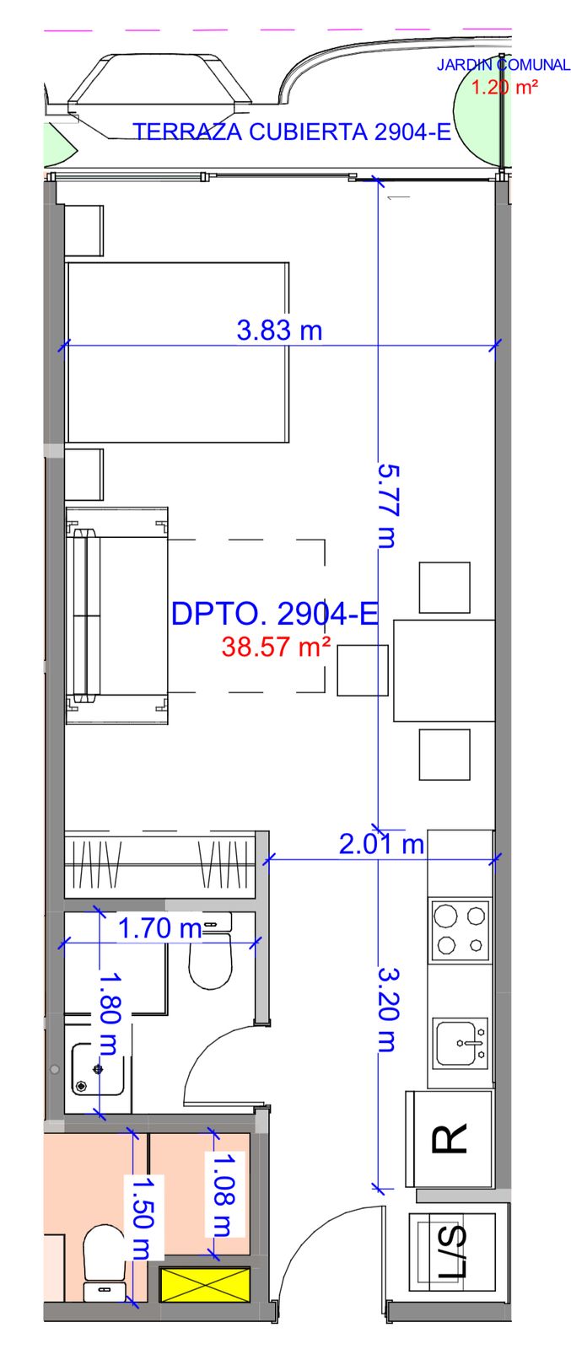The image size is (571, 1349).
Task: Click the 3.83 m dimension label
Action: click(x=279, y=330)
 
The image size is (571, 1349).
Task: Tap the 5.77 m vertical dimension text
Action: click(x=389, y=506)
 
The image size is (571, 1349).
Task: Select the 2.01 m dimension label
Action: click(x=381, y=844)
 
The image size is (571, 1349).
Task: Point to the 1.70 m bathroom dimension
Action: click(x=159, y=928)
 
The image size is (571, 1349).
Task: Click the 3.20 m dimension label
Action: click(x=389, y=1009)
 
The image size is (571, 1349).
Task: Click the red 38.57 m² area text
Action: click(x=276, y=647)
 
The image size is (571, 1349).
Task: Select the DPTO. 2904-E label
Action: click(x=275, y=614)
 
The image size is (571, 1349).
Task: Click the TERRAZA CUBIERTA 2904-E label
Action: click(x=292, y=132)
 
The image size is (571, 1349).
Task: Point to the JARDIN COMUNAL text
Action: click(x=503, y=64)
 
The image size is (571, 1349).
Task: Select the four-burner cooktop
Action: click(x=460, y=929)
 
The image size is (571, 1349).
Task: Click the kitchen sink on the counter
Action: click(x=461, y=1042)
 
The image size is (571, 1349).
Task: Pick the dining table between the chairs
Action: click(x=444, y=670)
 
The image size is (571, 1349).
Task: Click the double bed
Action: click(x=178, y=352)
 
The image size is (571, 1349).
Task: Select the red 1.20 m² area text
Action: click(x=504, y=88)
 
